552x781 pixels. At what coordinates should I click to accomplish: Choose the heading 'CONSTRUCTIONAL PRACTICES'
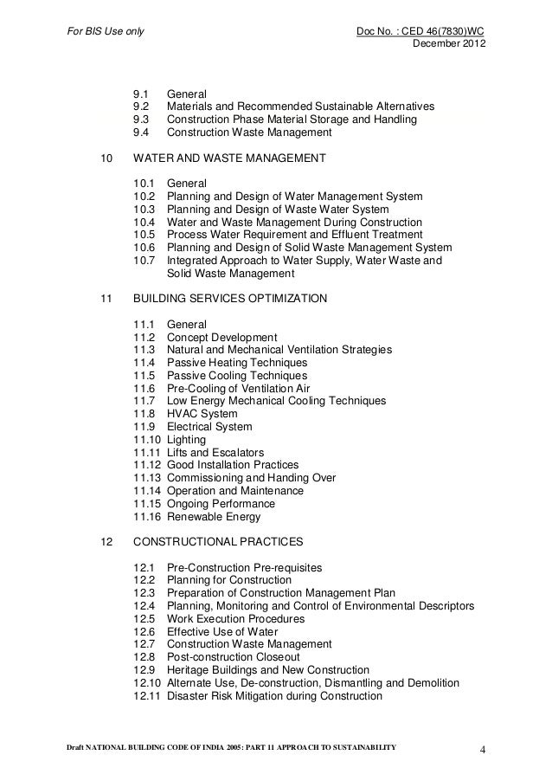217,543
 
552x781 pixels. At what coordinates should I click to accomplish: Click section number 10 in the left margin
106,159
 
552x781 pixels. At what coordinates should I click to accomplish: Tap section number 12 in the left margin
106,543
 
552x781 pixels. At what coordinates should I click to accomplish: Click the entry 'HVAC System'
201,414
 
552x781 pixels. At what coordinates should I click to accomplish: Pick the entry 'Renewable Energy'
213,518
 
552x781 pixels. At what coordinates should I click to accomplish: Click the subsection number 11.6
144,389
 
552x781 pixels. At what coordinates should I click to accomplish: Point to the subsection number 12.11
148,696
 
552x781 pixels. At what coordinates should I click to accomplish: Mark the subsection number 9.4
141,132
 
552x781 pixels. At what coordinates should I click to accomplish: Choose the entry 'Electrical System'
209,427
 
